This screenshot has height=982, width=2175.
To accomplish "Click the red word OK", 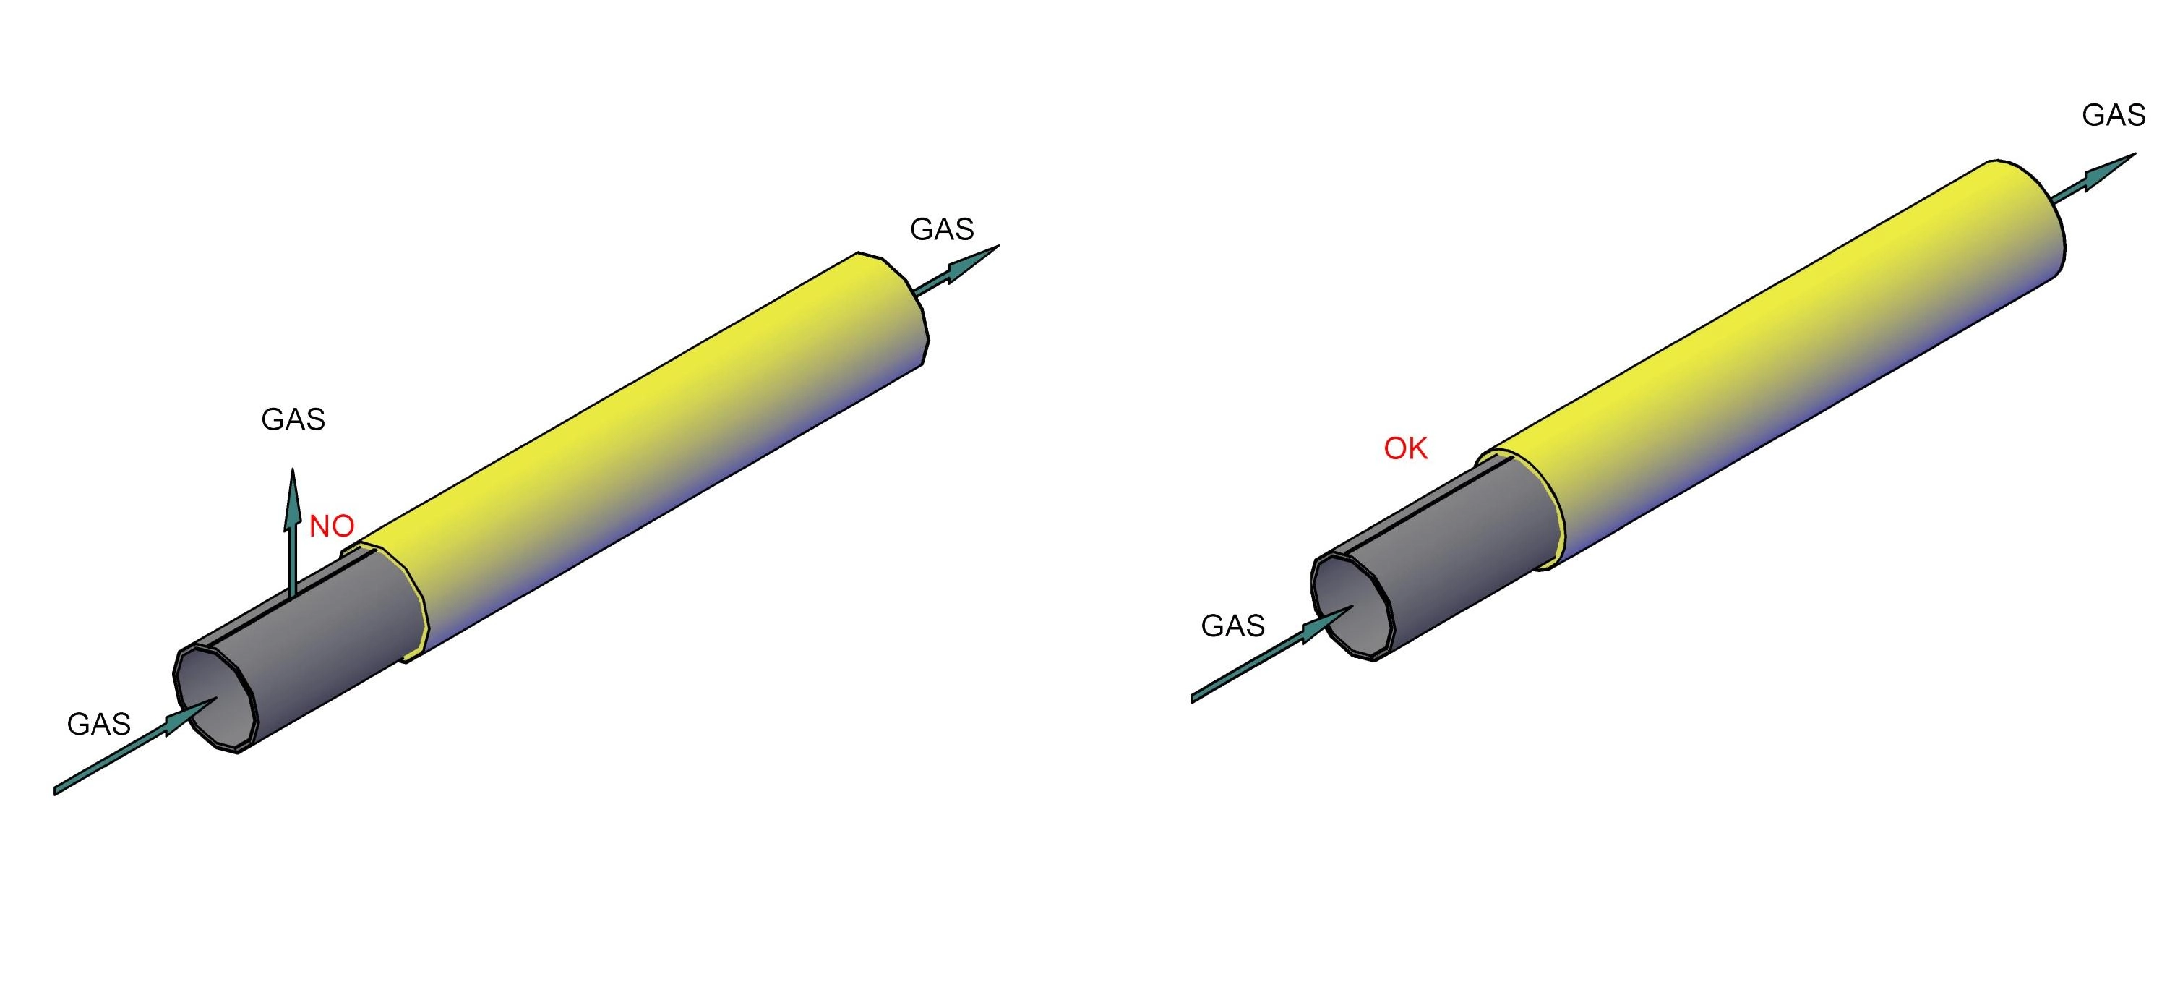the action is [1406, 448].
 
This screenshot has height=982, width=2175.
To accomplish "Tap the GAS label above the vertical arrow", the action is [293, 419].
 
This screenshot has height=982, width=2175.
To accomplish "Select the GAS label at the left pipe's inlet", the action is [99, 725].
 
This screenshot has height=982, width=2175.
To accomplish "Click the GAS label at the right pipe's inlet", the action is [1232, 626].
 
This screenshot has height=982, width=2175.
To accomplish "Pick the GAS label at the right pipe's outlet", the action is [2114, 115].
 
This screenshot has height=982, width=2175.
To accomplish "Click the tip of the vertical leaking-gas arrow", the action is [293, 469].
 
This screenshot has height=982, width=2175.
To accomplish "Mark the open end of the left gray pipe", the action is [215, 697].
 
